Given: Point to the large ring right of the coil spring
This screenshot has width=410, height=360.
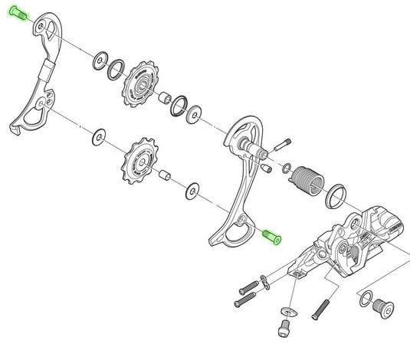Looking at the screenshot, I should (336, 195).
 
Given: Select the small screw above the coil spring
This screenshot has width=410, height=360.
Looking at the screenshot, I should (283, 143).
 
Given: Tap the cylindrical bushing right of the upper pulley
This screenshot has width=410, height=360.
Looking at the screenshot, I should (164, 98).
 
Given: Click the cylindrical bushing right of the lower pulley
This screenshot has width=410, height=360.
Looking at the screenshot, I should (164, 175).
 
